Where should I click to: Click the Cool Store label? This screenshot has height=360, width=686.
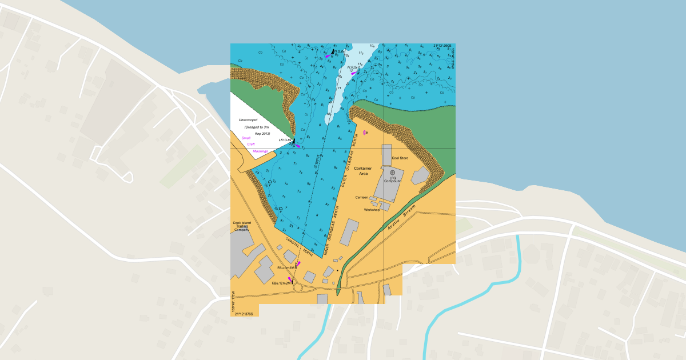click(x=400, y=158)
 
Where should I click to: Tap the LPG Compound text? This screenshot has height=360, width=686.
click(x=393, y=179)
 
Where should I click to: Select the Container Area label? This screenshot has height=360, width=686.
click(x=363, y=170)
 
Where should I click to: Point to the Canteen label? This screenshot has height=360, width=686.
click(x=362, y=197)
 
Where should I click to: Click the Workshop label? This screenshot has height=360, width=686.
click(x=372, y=210)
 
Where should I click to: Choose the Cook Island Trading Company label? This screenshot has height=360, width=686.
click(x=242, y=226)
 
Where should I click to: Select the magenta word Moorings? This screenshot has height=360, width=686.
click(x=260, y=151)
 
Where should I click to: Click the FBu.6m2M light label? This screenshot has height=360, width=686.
click(x=286, y=267)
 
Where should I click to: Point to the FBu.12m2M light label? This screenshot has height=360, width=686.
click(x=282, y=283)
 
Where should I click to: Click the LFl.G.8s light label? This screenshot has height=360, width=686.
click(x=285, y=140)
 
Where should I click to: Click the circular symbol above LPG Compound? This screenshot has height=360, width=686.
click(x=392, y=172)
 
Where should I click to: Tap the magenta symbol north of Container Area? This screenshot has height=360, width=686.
click(x=365, y=133)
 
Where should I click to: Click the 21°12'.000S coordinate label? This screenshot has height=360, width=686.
click(x=442, y=46)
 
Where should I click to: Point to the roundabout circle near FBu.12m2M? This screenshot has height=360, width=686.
click(x=298, y=287)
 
